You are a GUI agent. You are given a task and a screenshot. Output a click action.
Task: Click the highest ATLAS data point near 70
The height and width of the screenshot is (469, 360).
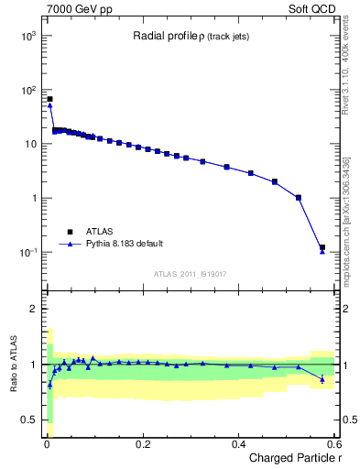click(x=49, y=99)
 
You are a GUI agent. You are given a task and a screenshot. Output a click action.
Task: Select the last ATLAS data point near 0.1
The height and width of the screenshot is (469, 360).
click(x=322, y=247)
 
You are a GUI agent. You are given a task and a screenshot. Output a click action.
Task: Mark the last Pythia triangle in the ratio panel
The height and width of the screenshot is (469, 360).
click(x=322, y=379)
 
